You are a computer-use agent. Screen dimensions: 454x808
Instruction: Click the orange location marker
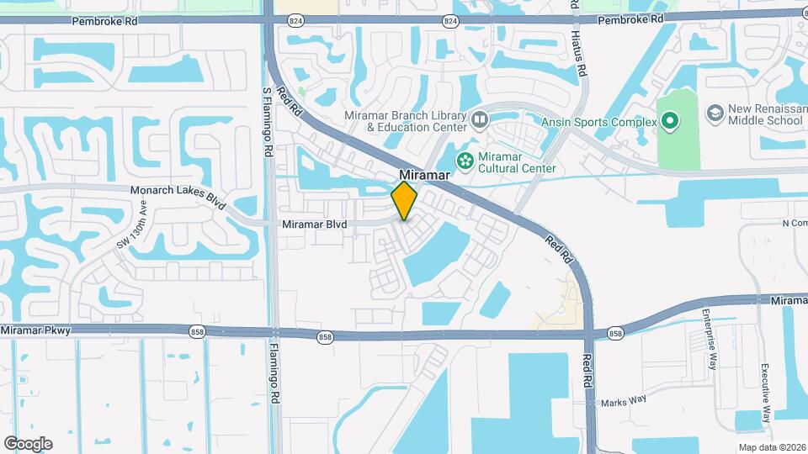tap(405, 200)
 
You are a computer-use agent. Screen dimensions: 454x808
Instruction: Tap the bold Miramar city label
tap(420, 174)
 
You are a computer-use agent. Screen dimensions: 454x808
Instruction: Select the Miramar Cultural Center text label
tap(517, 162)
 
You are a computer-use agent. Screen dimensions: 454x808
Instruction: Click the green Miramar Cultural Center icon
tap(464, 160)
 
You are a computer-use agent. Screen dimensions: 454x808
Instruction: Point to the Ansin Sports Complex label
tap(598, 123)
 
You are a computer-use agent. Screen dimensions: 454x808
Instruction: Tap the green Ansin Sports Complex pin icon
tap(670, 123)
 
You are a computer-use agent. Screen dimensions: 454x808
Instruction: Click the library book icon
tap(480, 120)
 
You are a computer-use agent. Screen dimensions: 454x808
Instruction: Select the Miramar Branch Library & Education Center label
tap(406, 121)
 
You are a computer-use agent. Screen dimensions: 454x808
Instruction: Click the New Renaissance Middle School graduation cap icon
tap(715, 113)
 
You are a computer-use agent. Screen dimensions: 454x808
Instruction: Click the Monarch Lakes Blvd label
tap(179, 191)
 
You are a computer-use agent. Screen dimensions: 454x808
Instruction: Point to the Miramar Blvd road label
tap(314, 224)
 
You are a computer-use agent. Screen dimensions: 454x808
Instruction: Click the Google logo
tap(28, 444)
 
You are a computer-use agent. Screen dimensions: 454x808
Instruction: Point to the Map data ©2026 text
tap(771, 447)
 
